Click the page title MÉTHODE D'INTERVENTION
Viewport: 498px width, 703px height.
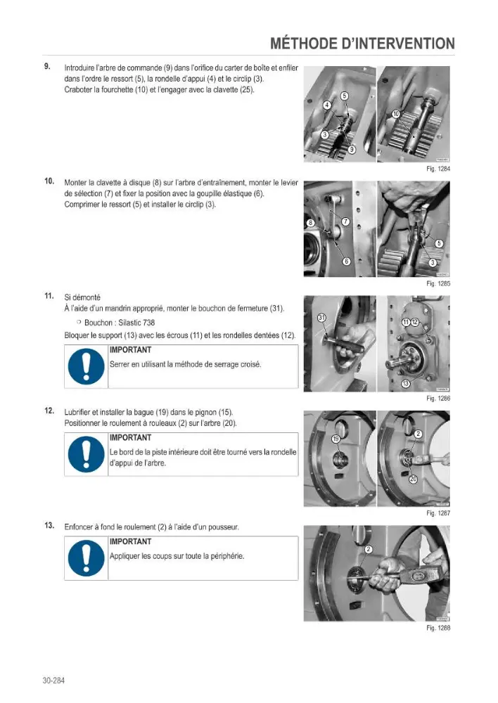(x=362, y=44)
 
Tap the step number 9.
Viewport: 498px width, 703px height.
(x=47, y=66)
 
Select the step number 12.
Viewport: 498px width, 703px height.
(x=49, y=411)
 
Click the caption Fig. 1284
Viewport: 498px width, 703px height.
(x=438, y=169)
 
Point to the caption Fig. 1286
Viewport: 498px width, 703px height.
(x=438, y=398)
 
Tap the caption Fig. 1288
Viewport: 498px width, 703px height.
(x=438, y=628)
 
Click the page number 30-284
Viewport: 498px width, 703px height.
(x=53, y=680)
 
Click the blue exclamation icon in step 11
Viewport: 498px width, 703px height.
(x=86, y=366)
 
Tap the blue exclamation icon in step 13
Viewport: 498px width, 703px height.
(x=86, y=558)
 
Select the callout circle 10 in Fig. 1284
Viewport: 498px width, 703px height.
(x=396, y=114)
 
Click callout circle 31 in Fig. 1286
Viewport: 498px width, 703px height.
(x=321, y=318)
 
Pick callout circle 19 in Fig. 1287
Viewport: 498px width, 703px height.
(x=336, y=439)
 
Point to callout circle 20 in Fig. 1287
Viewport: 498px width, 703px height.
(x=413, y=479)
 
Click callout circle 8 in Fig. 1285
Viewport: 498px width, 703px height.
(x=310, y=223)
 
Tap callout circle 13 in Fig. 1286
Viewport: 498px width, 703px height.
(x=405, y=383)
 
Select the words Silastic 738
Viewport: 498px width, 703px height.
(x=136, y=323)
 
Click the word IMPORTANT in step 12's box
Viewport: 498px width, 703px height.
(x=131, y=437)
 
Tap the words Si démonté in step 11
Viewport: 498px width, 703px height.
(x=82, y=297)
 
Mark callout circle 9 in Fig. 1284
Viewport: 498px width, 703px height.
(x=352, y=150)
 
